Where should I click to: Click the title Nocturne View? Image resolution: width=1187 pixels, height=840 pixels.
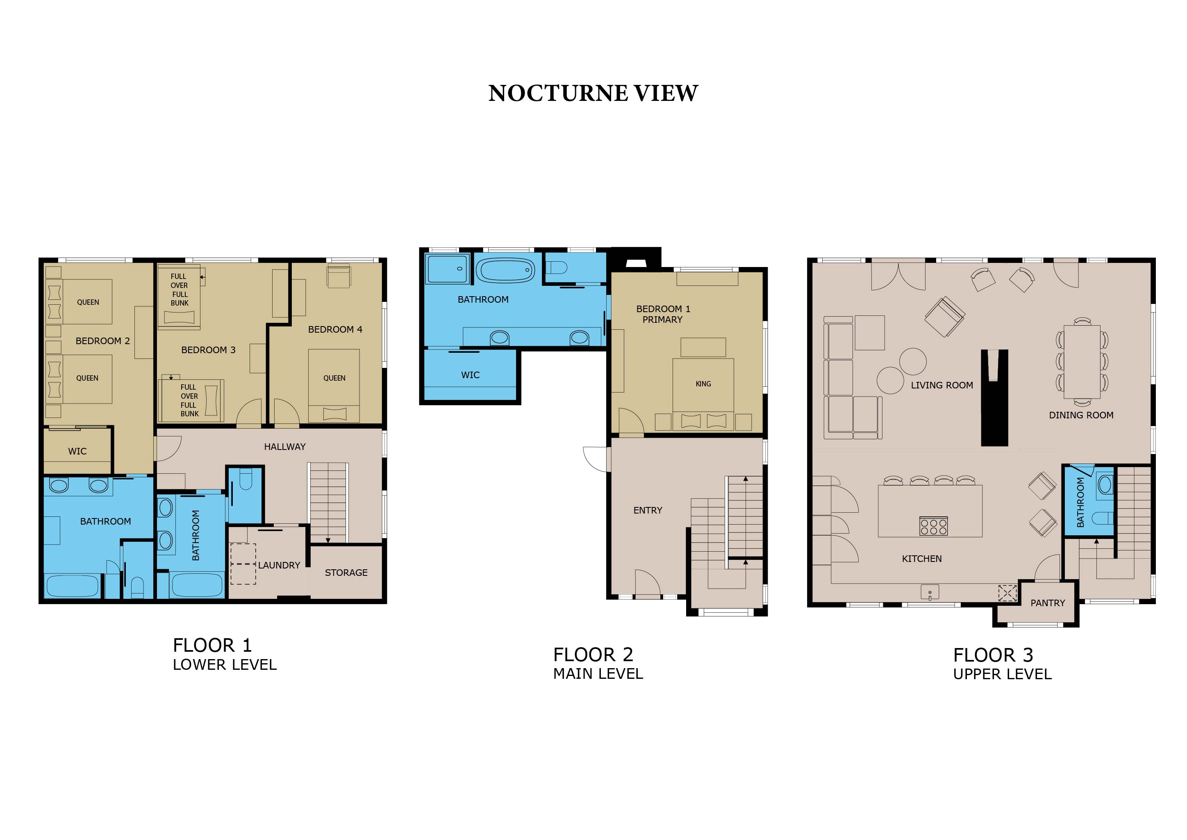point(593,93)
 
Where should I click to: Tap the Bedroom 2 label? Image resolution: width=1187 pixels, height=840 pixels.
point(103,341)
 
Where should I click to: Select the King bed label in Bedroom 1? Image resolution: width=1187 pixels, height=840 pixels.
point(703,384)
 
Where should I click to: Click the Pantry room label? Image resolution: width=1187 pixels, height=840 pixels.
point(1047,603)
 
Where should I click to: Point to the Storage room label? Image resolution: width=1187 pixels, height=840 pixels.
point(346,573)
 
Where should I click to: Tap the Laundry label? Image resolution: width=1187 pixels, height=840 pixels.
point(279,565)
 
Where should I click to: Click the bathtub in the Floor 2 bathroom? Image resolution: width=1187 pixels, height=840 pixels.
point(505,270)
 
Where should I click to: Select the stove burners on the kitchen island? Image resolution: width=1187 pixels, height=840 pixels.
point(933,526)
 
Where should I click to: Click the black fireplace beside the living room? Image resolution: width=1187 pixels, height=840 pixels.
point(995,397)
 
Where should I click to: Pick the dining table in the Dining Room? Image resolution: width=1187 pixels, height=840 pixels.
point(1082,361)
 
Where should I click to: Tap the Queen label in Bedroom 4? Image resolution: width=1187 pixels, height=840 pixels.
point(334,378)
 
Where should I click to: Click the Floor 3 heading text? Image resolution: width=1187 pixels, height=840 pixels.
point(993,655)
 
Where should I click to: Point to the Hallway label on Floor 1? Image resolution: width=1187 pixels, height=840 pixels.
point(285,447)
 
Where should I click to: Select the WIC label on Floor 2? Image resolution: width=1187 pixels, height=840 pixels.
point(471,375)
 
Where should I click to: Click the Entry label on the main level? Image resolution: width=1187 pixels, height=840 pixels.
point(648,511)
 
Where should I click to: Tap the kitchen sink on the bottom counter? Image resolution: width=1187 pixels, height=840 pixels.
point(930,592)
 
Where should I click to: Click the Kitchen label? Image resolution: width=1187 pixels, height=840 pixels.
point(922,559)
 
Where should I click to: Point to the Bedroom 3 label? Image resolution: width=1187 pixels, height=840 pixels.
point(208,350)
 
